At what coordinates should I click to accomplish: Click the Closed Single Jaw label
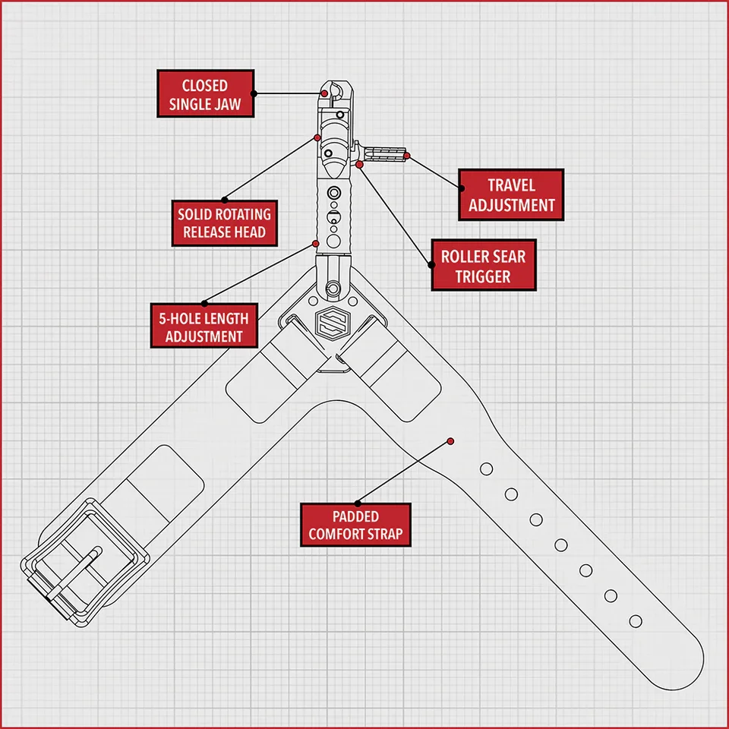point(205,94)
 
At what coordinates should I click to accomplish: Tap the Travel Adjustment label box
point(512,195)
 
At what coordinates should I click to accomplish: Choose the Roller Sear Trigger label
point(484,266)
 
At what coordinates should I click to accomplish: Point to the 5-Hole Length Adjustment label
point(204,327)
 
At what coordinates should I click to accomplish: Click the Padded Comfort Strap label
point(355,525)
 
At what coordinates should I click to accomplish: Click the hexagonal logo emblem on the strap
point(330,324)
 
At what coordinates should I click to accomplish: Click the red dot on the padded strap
point(451,440)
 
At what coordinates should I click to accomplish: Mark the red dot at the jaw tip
point(324,93)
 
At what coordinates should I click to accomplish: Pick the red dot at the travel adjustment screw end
point(408,156)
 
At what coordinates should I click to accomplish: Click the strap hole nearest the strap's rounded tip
point(636,621)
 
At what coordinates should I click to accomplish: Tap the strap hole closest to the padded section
point(486,468)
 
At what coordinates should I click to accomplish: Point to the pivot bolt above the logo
point(332,289)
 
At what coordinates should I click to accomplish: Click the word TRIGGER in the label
point(484,276)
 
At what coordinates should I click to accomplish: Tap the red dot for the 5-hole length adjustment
point(316,244)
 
